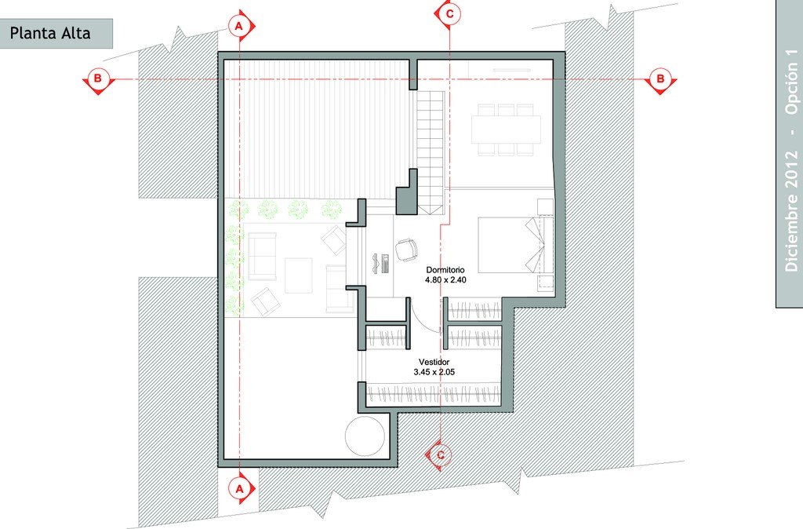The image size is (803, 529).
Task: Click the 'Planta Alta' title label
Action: (x=50, y=33)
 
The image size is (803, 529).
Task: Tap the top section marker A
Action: (x=240, y=25)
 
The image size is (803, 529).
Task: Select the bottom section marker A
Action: (x=240, y=488)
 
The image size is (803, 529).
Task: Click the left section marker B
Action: (x=98, y=80)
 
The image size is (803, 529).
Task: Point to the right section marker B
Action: (x=660, y=80)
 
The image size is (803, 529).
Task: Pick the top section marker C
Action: (x=449, y=14)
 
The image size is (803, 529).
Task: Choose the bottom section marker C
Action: (x=440, y=454)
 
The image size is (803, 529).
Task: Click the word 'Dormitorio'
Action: (x=445, y=270)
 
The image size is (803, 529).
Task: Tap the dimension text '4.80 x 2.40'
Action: (x=445, y=280)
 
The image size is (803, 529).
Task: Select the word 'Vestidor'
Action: (x=434, y=362)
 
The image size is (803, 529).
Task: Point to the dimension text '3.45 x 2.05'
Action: (x=434, y=372)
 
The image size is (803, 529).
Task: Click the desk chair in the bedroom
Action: (x=406, y=250)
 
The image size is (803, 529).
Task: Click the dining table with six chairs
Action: (x=506, y=130)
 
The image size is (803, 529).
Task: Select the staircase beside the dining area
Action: (x=431, y=152)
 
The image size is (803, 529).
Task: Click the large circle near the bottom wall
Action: (x=365, y=436)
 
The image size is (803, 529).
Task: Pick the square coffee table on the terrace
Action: (x=299, y=275)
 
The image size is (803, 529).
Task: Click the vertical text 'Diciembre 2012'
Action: (x=791, y=210)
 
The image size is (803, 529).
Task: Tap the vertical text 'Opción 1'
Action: (x=792, y=82)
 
